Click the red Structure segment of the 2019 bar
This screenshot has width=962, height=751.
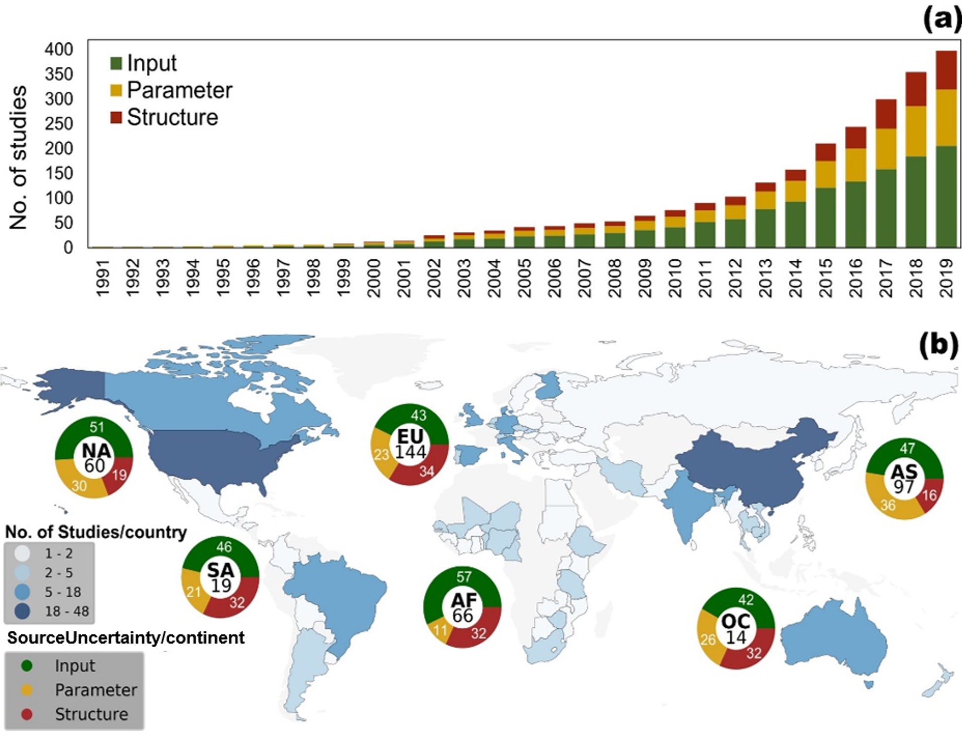pyautogui.click(x=945, y=70)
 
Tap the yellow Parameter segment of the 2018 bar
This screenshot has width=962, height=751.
pyautogui.click(x=916, y=131)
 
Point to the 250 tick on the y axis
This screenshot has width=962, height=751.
pyautogui.click(x=59, y=124)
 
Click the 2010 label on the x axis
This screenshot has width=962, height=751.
pyautogui.click(x=674, y=278)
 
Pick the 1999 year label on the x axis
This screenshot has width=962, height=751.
pyautogui.click(x=344, y=278)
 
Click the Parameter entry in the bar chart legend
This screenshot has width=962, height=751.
pyautogui.click(x=179, y=90)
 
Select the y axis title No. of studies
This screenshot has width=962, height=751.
pyautogui.click(x=18, y=157)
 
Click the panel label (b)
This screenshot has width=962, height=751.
pyautogui.click(x=938, y=344)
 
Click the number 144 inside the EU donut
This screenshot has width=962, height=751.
pyautogui.click(x=410, y=452)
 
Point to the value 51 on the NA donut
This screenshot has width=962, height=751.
pyautogui.click(x=96, y=427)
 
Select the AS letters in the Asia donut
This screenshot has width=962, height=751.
pyautogui.click(x=904, y=472)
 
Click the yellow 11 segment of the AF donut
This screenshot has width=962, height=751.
pyautogui.click(x=440, y=630)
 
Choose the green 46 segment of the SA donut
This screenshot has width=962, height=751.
pyautogui.click(x=224, y=547)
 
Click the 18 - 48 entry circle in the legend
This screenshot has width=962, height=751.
pyautogui.click(x=22, y=611)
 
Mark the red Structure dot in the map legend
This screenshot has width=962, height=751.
pyautogui.click(x=27, y=714)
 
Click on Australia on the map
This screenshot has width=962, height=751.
pyautogui.click(x=832, y=640)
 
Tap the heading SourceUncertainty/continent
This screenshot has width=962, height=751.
pyautogui.click(x=126, y=638)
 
